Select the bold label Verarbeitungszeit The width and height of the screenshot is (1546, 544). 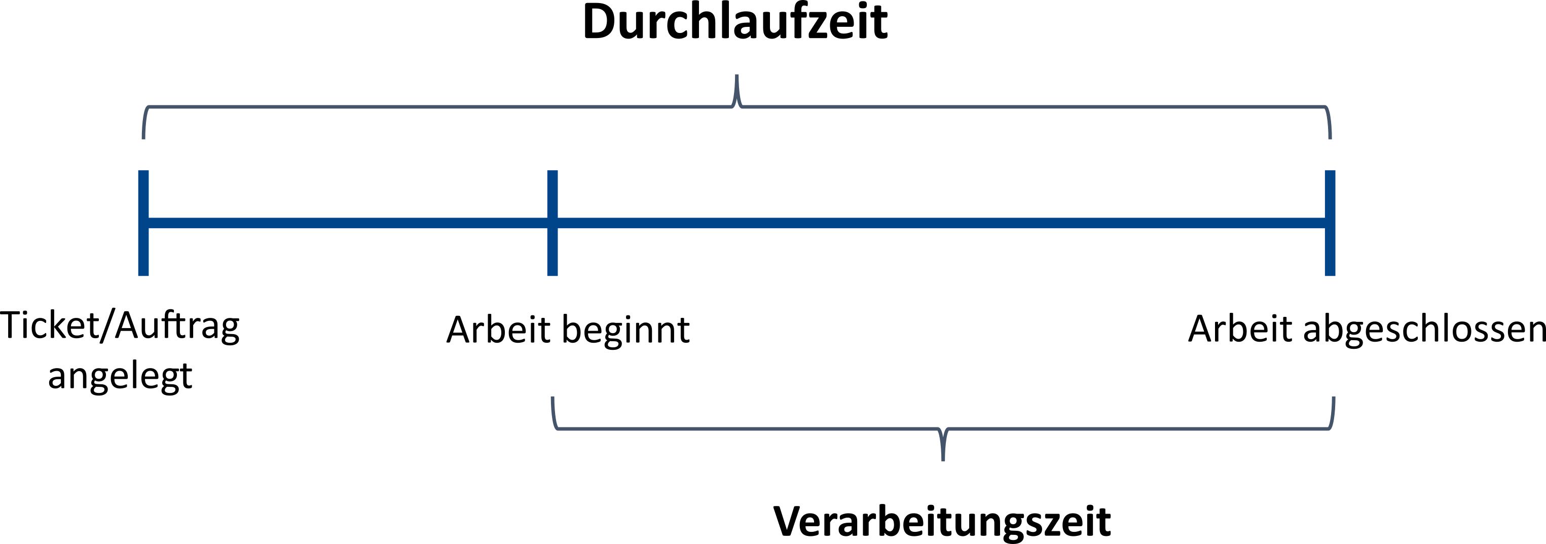click(x=942, y=521)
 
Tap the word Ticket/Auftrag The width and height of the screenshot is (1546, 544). click(x=120, y=326)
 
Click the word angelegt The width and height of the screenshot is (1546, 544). click(x=120, y=377)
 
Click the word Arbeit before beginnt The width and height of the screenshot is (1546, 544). click(x=499, y=330)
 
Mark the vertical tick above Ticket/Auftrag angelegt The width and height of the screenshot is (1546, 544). click(x=143, y=223)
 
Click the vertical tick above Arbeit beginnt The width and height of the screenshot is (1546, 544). click(x=553, y=223)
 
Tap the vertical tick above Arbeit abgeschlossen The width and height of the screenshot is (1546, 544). click(x=1331, y=223)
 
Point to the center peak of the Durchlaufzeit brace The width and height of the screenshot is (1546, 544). click(x=737, y=76)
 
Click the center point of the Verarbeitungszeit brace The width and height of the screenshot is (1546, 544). click(x=943, y=460)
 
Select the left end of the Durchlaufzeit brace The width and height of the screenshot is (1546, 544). click(x=143, y=138)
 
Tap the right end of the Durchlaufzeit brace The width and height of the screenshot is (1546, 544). click(x=1331, y=138)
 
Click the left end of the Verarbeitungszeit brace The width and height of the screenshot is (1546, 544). click(x=553, y=397)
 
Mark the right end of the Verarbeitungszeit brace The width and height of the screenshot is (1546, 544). click(x=1334, y=397)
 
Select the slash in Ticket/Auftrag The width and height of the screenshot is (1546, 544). click(x=107, y=326)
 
